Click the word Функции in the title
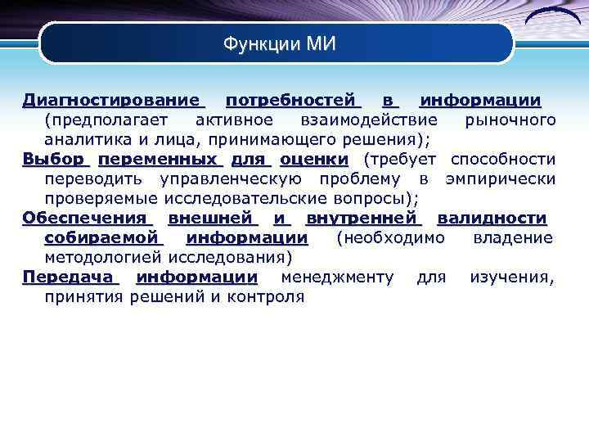tap(261, 43)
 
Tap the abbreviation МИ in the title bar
tap(321, 43)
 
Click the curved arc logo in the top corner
tap(553, 18)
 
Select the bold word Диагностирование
tap(112, 101)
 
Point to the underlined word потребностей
tap(292, 101)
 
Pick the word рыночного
tap(510, 120)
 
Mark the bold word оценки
tap(313, 159)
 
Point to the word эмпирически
tap(500, 178)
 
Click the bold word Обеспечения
tap(87, 218)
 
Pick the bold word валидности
tap(492, 218)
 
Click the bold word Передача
tap(70, 277)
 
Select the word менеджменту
tap(337, 277)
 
